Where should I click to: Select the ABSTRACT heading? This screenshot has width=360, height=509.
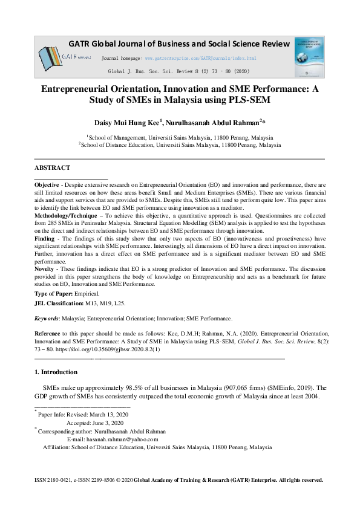tap(52, 167)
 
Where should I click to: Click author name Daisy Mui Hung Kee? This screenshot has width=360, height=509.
tap(129, 123)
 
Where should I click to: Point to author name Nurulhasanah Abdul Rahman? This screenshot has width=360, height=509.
tap(212, 123)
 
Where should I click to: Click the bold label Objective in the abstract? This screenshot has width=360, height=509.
tap(47, 184)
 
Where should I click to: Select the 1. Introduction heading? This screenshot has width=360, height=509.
tap(55, 372)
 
